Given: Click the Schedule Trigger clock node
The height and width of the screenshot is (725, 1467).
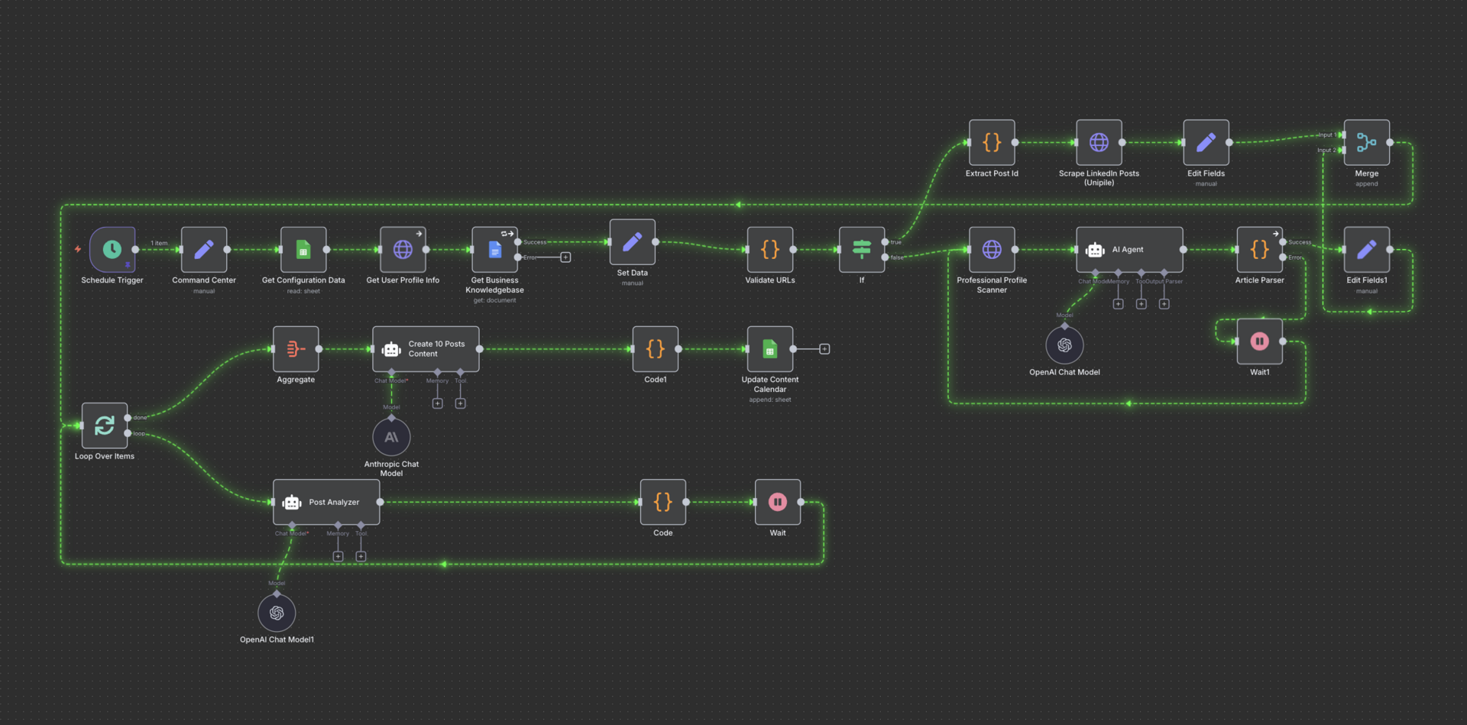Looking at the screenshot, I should [x=112, y=249].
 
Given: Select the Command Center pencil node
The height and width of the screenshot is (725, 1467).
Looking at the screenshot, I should [x=204, y=249].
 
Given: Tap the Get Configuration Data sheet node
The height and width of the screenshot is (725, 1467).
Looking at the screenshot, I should [x=303, y=249].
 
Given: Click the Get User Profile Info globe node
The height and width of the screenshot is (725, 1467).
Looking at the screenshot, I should [x=403, y=249].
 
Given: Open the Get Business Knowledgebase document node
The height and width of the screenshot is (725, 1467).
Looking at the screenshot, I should [x=494, y=249].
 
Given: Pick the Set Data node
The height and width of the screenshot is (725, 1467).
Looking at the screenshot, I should [x=632, y=242].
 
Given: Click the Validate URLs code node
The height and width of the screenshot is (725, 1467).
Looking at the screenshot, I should [x=769, y=249].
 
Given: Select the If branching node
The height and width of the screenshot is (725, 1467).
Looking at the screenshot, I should [x=862, y=249].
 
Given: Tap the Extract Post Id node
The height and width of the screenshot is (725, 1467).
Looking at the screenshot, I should [x=992, y=142].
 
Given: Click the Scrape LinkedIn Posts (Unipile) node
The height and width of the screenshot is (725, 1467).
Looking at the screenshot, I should [x=1099, y=142].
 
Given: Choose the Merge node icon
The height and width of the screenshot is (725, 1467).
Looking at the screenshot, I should [x=1366, y=142].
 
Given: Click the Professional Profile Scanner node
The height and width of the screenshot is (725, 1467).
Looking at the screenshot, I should [x=992, y=249].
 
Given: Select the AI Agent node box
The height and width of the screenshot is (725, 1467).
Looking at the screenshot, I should [x=1129, y=249].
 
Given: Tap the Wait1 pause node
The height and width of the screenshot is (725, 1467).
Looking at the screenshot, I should [x=1259, y=341].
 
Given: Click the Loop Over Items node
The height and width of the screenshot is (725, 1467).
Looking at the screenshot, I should [x=105, y=426].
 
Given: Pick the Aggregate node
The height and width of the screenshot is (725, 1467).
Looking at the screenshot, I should [x=296, y=349].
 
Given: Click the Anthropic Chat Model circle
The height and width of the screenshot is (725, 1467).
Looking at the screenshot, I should [x=391, y=437].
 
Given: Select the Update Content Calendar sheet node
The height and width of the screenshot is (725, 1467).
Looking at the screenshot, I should [x=769, y=349].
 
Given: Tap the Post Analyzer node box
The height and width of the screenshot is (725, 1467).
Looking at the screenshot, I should [x=326, y=502].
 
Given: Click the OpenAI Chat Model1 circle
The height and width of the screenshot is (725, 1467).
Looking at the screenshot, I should [x=277, y=613].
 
